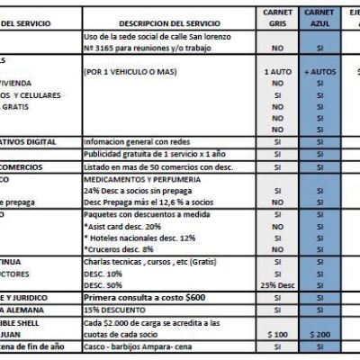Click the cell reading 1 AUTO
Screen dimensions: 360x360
point(277,69)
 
